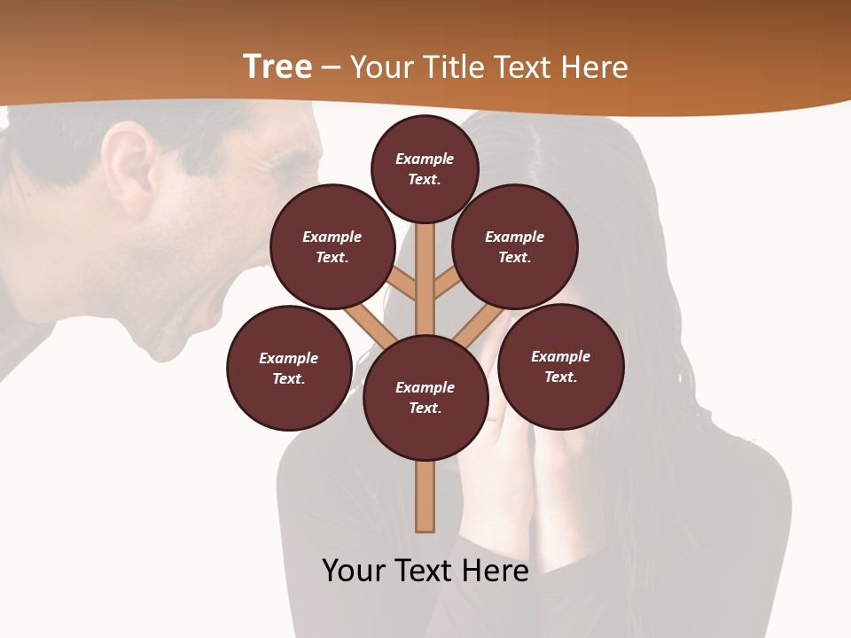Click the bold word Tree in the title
coord(277,67)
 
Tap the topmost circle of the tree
coord(425,168)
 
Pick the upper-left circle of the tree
coord(332,246)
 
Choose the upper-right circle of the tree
coord(515,246)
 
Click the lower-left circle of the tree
coord(289,368)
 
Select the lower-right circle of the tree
coord(561,366)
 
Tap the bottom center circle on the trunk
coord(425,397)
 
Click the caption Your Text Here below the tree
coord(425,570)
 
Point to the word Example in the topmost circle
coord(425,159)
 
